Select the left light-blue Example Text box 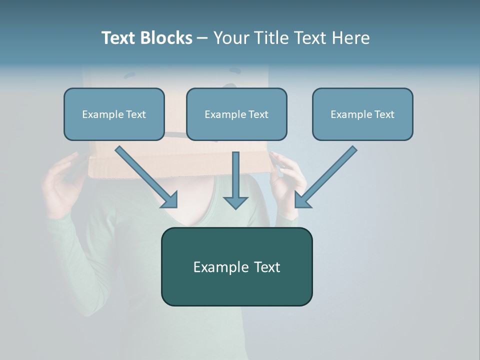pyautogui.click(x=114, y=114)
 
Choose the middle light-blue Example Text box pyautogui.click(x=236, y=114)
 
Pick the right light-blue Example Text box pyautogui.click(x=362, y=114)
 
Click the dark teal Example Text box pyautogui.click(x=236, y=266)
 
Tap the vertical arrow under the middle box pyautogui.click(x=235, y=177)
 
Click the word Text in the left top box pyautogui.click(x=135, y=114)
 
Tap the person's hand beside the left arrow pyautogui.click(x=62, y=185)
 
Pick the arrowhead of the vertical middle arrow pyautogui.click(x=235, y=202)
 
